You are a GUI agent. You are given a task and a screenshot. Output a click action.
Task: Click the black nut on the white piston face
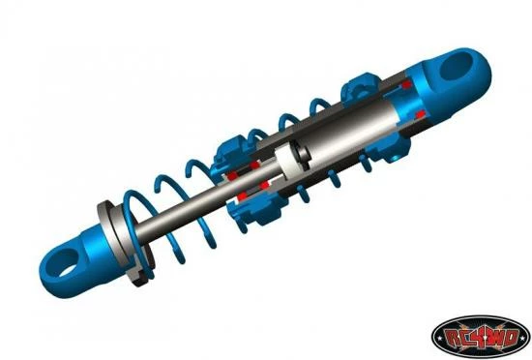301,155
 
